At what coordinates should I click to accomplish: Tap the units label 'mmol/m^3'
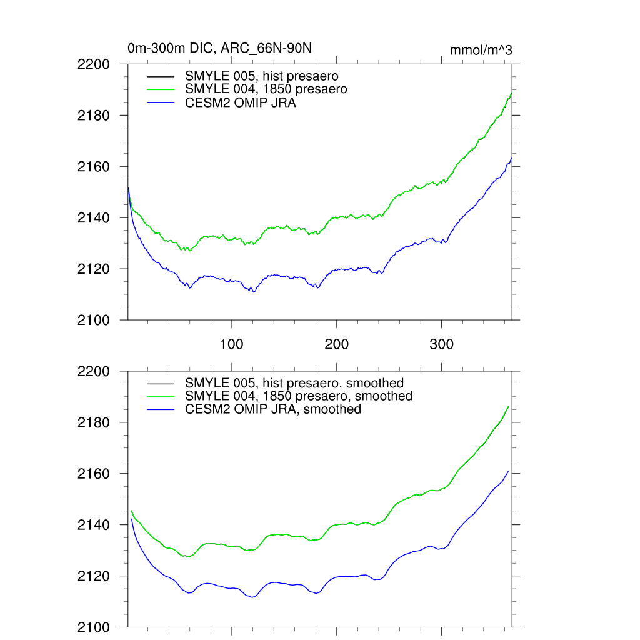coord(481,50)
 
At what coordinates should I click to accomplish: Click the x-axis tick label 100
coord(232,344)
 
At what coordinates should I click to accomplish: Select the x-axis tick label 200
coord(337,344)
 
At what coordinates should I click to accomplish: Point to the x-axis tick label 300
coord(442,344)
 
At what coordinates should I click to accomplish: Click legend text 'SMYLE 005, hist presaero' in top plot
coord(262,76)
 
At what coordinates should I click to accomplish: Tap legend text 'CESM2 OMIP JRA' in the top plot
coord(241,103)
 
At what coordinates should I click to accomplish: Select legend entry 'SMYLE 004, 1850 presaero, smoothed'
coord(299,396)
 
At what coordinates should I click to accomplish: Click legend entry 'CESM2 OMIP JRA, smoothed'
coord(273,409)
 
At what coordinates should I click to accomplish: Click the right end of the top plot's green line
coord(512,92)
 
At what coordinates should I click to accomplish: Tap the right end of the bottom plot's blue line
coord(508,471)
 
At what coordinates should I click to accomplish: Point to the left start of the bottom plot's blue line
coord(131,519)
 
